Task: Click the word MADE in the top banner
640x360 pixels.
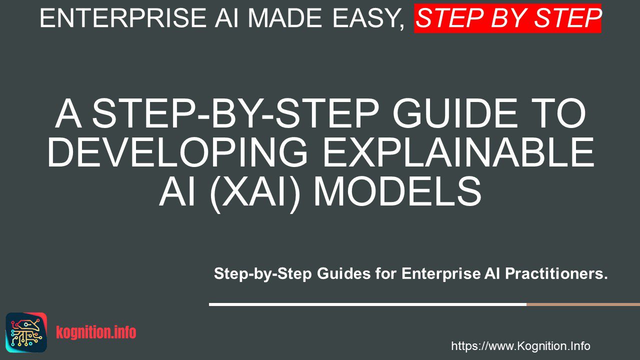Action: coord(285,18)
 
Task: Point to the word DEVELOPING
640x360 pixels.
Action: coord(177,152)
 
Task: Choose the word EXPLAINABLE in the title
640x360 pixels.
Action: coord(459,152)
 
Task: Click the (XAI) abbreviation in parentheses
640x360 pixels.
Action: coord(255,192)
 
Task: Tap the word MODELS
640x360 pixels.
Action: coord(397,191)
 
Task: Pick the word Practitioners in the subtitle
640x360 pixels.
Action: coord(556,273)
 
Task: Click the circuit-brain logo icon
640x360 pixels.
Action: coord(26,332)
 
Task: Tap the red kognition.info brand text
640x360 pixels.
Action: coord(96,332)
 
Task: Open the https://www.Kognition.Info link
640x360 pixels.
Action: coord(520,346)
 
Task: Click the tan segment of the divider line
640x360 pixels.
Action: coord(583,304)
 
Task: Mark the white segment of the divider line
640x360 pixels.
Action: coord(367,304)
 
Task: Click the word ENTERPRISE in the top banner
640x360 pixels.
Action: coord(123,18)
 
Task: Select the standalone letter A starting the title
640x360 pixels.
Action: coord(68,113)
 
